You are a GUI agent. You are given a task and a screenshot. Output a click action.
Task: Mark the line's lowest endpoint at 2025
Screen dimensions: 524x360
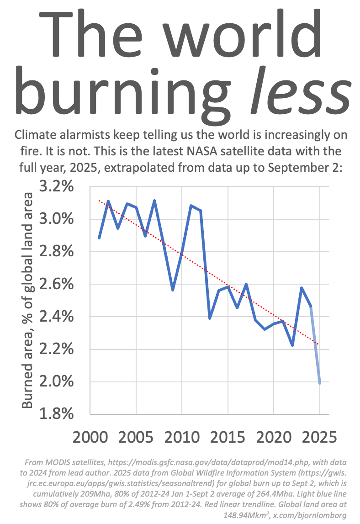320,383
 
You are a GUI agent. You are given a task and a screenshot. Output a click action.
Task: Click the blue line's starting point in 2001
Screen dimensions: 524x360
100,238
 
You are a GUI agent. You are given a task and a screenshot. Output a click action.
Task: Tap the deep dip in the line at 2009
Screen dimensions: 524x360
173,290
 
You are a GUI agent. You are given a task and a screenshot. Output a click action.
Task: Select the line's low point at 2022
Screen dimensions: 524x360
292,345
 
